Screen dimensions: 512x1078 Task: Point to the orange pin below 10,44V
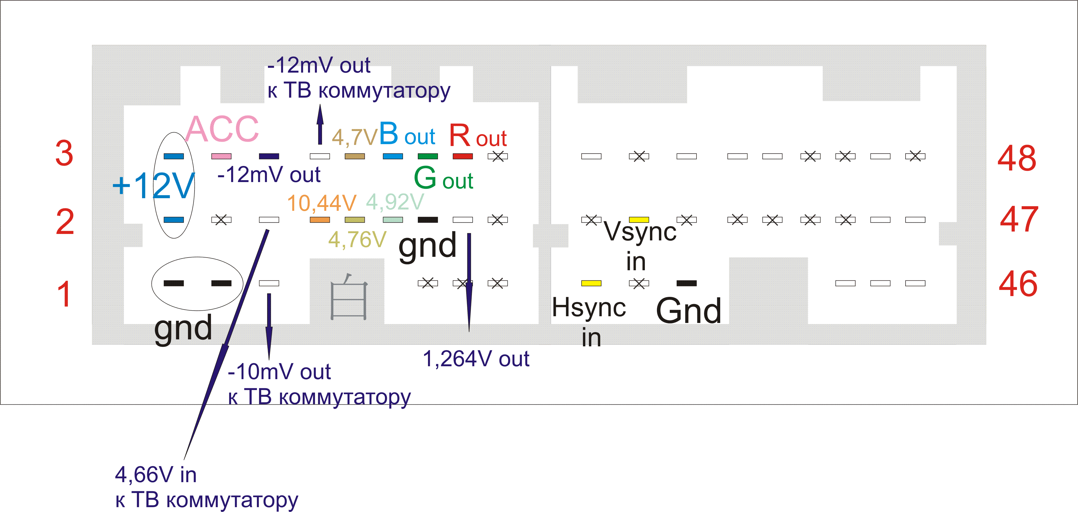tap(320, 220)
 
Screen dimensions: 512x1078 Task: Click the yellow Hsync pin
tap(591, 283)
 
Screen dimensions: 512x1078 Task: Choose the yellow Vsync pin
tap(639, 220)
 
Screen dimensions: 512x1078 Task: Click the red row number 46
tap(1018, 284)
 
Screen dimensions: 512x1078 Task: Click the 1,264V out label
tap(476, 359)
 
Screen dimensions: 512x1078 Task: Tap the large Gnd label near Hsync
tap(688, 311)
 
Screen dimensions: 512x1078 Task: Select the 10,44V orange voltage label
tap(321, 203)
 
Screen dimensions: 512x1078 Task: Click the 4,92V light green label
tap(395, 202)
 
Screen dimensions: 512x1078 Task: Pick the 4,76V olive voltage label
tap(357, 240)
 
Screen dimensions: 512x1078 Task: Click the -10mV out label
tap(279, 371)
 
